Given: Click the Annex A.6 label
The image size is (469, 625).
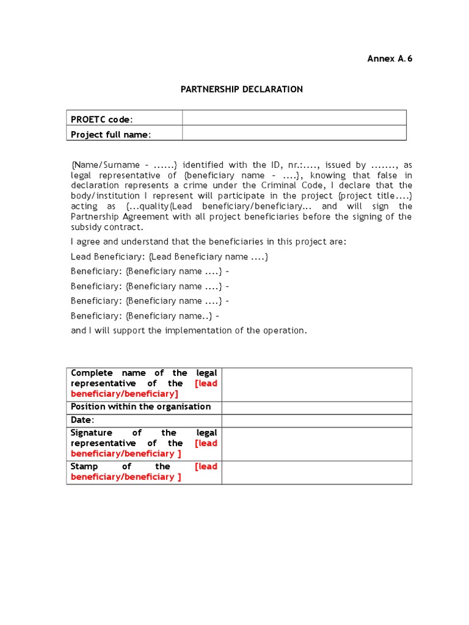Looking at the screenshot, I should coord(385,59).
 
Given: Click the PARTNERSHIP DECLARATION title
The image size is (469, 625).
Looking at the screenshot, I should coord(242,89).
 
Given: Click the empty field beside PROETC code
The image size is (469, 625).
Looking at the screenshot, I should coord(294,118).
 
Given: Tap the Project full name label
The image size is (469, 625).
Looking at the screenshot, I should coord(111,134).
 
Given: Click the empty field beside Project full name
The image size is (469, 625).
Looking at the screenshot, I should coord(294,134).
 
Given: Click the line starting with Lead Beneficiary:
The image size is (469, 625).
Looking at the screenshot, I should coord(169,256).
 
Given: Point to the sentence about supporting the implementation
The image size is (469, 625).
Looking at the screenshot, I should coord(189,330).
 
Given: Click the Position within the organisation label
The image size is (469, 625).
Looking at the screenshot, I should coord(141,406).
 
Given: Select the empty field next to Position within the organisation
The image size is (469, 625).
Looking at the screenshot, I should coord(316,407).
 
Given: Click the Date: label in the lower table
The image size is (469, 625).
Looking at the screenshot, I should coord(83,420).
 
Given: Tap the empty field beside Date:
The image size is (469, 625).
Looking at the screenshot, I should coord(316,420).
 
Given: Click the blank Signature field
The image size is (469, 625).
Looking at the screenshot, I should coord(316,443).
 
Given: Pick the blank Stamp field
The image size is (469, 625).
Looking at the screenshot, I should coord(316,472).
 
